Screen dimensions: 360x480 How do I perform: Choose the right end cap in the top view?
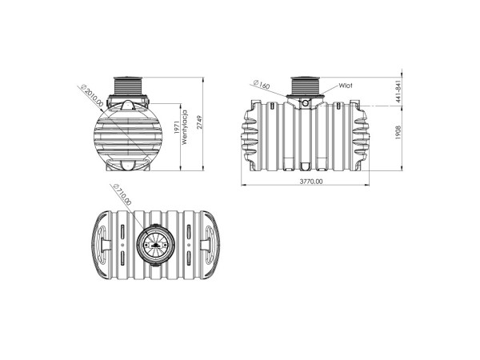[x=207, y=242]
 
